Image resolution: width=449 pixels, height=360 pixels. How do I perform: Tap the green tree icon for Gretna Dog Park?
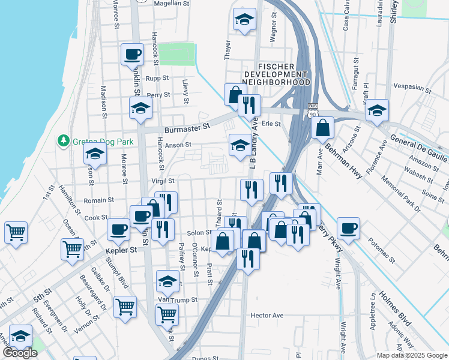[x=62, y=140]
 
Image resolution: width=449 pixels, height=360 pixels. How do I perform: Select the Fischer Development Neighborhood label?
[x=276, y=74]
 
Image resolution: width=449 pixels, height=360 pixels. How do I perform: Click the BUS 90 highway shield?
[x=310, y=110]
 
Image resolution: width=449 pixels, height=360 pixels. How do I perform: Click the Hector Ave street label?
[x=267, y=315]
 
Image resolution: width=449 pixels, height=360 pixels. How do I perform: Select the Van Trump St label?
[x=177, y=299]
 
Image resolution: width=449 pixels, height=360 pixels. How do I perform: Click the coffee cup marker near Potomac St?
[x=349, y=228]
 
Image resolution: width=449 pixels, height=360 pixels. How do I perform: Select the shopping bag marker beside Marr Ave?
[x=322, y=128]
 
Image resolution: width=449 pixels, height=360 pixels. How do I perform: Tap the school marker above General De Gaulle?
[x=377, y=110]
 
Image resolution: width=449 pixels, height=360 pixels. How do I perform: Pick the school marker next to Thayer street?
[x=244, y=20]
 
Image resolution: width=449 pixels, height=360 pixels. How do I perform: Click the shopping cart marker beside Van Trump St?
[x=125, y=307]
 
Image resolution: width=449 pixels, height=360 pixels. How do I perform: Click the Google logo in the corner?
[x=20, y=353]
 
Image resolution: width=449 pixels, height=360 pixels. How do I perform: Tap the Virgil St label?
[x=163, y=181]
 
